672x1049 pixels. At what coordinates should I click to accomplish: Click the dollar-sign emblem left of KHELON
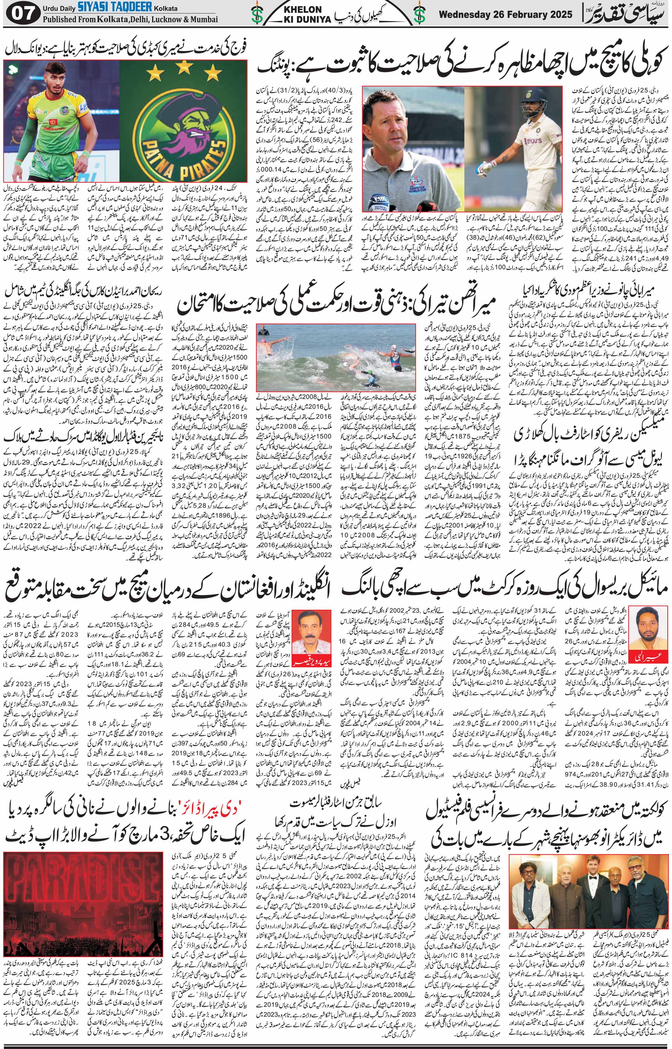[257, 16]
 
